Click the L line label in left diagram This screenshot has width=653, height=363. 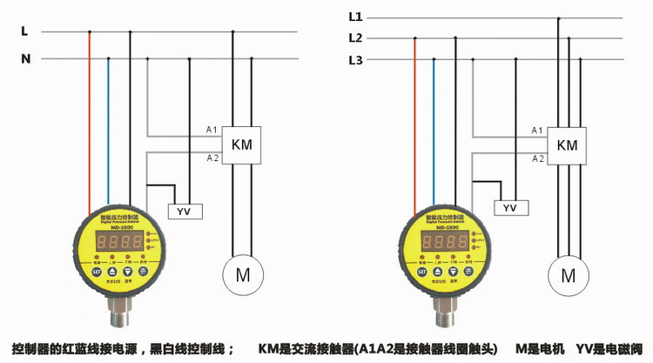(24, 31)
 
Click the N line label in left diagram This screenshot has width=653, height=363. (25, 59)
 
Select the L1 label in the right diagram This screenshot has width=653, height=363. (354, 17)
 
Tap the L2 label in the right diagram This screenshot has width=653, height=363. (354, 38)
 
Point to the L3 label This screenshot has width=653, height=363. (354, 60)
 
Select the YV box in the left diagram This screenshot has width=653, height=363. (184, 212)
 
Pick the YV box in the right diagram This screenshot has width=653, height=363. (510, 208)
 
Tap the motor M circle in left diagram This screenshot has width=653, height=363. (242, 276)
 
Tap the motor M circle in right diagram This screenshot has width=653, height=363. (568, 276)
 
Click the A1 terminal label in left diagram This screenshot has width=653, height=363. (212, 130)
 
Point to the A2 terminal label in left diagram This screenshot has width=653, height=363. (212, 158)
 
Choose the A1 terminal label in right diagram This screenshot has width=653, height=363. (537, 130)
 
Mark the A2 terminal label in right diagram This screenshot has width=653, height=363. (537, 158)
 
